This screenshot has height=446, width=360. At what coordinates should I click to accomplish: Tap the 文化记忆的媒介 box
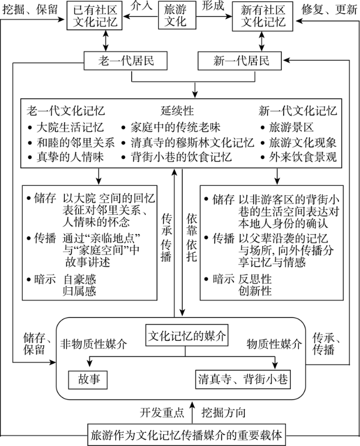click(x=179, y=335)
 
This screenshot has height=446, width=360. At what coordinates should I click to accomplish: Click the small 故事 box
click(x=88, y=380)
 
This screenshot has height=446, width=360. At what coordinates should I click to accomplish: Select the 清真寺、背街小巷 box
click(x=243, y=380)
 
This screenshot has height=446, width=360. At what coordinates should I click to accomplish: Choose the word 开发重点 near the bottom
click(x=160, y=413)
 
